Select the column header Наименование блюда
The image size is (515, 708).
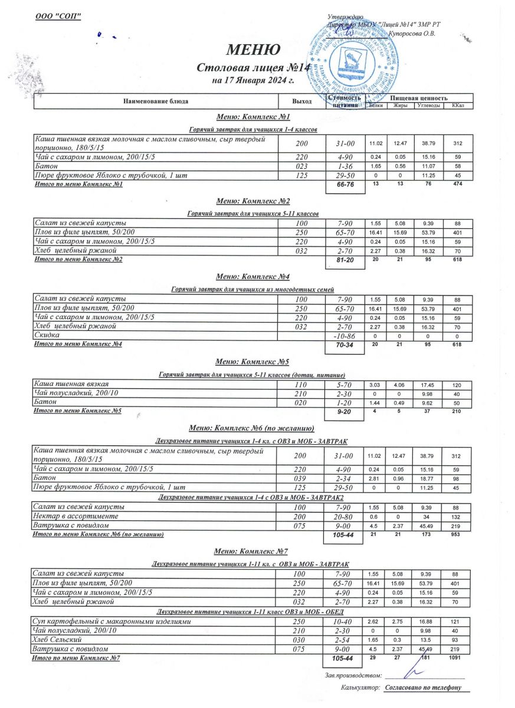pyautogui.click(x=156, y=101)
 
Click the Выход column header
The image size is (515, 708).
pyautogui.click(x=301, y=101)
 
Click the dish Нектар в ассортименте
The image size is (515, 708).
pyautogui.click(x=77, y=516)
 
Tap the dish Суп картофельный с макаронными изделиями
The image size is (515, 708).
pyautogui.click(x=111, y=622)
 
